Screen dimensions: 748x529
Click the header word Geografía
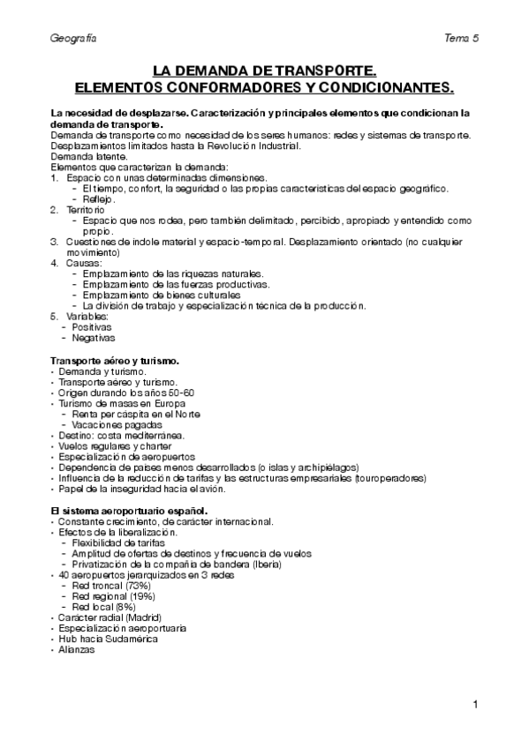(73, 40)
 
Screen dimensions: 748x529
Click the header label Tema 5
(463, 40)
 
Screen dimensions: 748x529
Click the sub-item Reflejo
(100, 199)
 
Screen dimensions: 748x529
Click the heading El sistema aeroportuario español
(129, 511)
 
